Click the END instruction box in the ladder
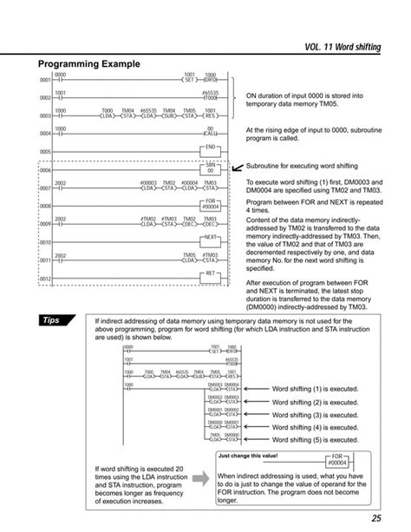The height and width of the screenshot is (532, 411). click(x=210, y=148)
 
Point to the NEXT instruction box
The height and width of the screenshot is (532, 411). click(x=210, y=237)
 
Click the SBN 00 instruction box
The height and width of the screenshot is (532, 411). click(x=210, y=167)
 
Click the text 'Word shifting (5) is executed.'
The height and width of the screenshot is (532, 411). click(x=316, y=439)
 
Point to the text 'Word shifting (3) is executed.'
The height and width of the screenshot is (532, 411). click(x=316, y=415)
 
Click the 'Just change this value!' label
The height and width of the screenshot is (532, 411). click(x=251, y=455)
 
